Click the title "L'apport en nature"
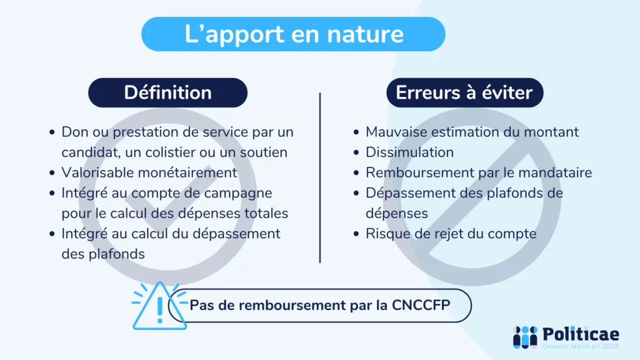[x=293, y=34]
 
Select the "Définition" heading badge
[x=167, y=92]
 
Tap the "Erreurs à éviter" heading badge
[x=464, y=92]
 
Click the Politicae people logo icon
[x=525, y=337]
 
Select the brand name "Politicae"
[x=581, y=333]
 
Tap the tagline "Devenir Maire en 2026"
[x=581, y=346]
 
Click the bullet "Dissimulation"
[x=409, y=152]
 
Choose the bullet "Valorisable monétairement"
[x=149, y=172]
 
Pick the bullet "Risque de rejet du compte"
[x=451, y=234]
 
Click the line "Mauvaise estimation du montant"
[x=472, y=132]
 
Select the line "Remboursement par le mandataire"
[x=478, y=172]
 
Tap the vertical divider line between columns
[x=320, y=178]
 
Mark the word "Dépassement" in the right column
[x=409, y=193]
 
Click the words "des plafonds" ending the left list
[x=103, y=254]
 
